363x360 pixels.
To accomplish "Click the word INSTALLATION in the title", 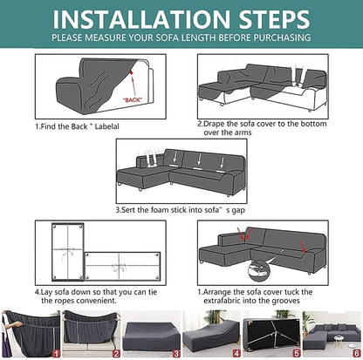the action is [x=141, y=19].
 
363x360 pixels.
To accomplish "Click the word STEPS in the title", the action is [x=274, y=19].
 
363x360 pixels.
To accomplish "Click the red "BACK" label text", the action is [x=133, y=100].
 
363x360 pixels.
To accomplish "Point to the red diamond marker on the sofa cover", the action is [x=132, y=72].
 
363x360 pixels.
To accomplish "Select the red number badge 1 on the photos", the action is [x=56, y=353].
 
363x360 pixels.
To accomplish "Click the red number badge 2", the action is [x=116, y=353].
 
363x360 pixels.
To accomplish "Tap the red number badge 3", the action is [x=176, y=353].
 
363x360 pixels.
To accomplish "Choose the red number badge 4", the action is [x=236, y=353].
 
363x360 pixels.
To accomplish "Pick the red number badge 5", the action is [x=297, y=353].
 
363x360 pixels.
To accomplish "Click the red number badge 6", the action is [x=357, y=353].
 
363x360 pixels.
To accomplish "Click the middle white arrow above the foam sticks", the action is [x=199, y=160].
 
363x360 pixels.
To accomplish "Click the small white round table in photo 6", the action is [x=339, y=339].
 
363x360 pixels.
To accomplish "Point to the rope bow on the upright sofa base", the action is [x=67, y=252].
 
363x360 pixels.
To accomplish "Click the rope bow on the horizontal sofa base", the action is [x=120, y=267].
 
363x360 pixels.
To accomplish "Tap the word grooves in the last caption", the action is [x=286, y=301].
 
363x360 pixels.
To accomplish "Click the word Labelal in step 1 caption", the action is [x=106, y=126].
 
